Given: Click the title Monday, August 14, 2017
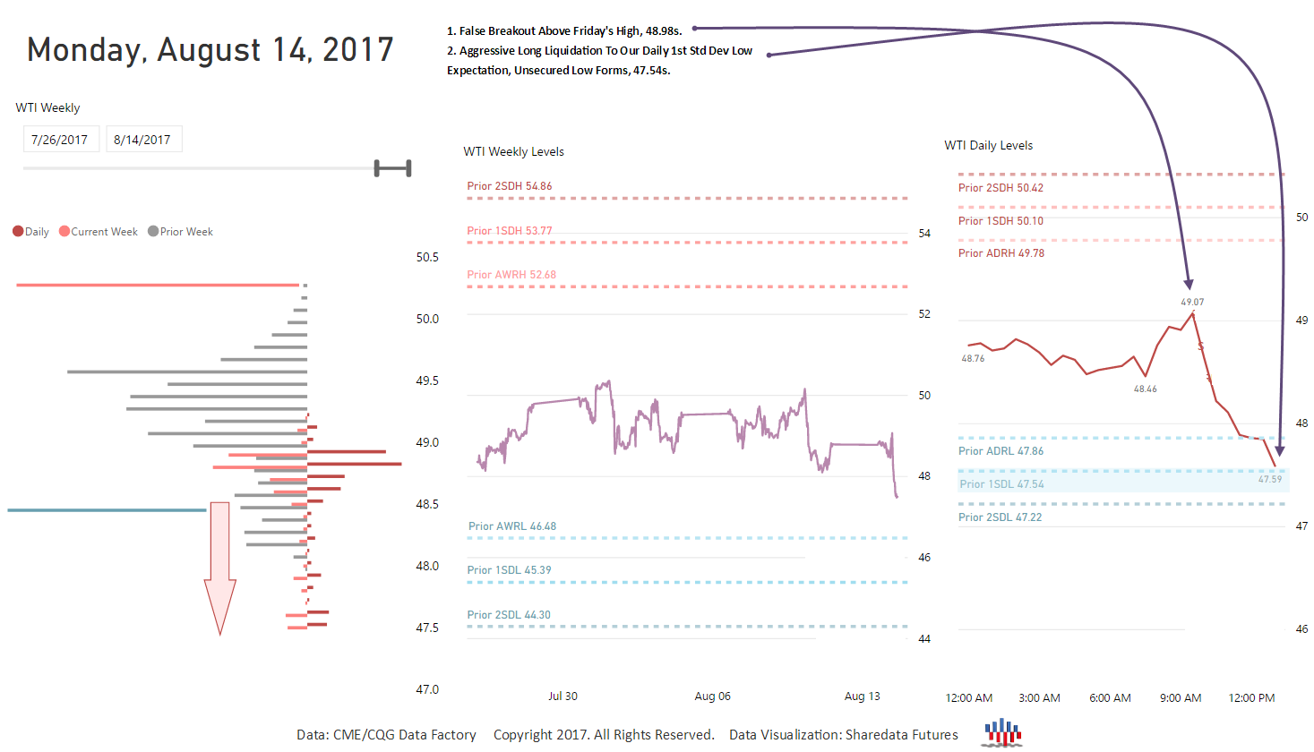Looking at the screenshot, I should pos(210,50).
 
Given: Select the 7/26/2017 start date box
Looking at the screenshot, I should pos(59,140).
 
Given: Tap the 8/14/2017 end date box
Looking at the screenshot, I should pos(142,140).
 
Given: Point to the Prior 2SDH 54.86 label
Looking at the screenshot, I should pos(509,186).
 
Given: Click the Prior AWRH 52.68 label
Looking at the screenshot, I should pos(511,275).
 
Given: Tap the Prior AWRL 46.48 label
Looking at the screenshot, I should pos(511,526).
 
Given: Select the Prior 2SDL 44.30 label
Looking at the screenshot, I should pos(509,615).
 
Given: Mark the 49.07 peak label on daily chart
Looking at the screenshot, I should pos(1192,303).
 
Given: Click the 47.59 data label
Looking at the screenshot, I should pos(1269,480).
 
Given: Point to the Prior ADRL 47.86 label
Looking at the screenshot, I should pos(1001,451).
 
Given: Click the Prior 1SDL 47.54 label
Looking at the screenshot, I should pos(1001,484).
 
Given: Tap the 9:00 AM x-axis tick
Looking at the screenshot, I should pos(1181,698).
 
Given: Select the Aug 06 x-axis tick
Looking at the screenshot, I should pos(712,696).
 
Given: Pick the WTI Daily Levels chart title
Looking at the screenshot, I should pos(988,146).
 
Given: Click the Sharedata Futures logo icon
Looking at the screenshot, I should pos(1002,732).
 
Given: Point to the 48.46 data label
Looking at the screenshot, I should pos(1145,389).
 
